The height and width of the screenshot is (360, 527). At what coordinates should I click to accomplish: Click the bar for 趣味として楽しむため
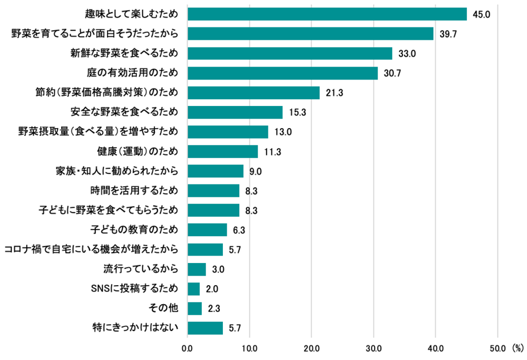pyautogui.click(x=327, y=14)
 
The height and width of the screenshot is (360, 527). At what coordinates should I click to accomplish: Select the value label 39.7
pyautogui.click(x=448, y=34)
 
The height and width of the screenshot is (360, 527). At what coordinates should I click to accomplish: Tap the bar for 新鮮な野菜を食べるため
pyautogui.click(x=290, y=53)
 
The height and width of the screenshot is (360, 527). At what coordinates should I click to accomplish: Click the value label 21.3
pyautogui.click(x=334, y=93)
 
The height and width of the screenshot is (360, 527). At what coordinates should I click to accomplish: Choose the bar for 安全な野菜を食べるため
pyautogui.click(x=235, y=112)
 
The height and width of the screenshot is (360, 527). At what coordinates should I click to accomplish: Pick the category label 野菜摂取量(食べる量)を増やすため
pyautogui.click(x=98, y=132)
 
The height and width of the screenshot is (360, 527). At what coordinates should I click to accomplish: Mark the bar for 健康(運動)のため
pyautogui.click(x=222, y=152)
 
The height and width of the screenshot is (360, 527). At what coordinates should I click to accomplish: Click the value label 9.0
pyautogui.click(x=256, y=171)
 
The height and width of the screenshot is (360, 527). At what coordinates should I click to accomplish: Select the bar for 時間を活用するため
pyautogui.click(x=213, y=191)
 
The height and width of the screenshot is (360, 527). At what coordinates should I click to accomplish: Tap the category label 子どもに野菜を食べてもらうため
pyautogui.click(x=109, y=210)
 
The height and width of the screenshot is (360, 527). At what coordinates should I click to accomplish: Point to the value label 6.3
pyautogui.click(x=239, y=230)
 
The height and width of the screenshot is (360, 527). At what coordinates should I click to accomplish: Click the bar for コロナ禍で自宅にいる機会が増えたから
pyautogui.click(x=205, y=250)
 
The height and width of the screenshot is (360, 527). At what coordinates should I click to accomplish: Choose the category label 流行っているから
pyautogui.click(x=140, y=269)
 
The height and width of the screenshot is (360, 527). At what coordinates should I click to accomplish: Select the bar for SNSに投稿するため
pyautogui.click(x=194, y=289)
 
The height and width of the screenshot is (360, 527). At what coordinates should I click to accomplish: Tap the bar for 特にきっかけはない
pyautogui.click(x=205, y=328)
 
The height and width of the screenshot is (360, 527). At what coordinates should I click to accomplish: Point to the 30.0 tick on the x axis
pyautogui.click(x=374, y=348)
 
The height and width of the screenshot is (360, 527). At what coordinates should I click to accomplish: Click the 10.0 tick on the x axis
pyautogui.click(x=249, y=348)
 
